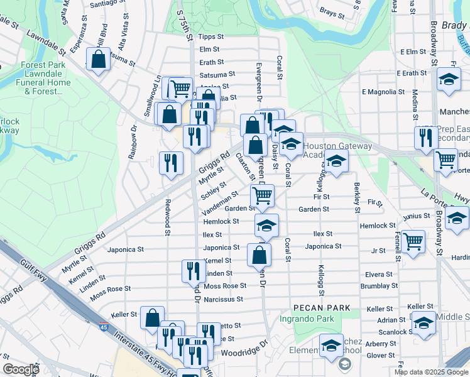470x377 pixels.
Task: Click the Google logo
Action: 21,369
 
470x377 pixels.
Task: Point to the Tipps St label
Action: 209,36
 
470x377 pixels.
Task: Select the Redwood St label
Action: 168,217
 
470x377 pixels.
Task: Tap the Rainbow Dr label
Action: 133,142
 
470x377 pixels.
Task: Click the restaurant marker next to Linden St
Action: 194,270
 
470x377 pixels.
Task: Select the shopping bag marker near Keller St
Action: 152,318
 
